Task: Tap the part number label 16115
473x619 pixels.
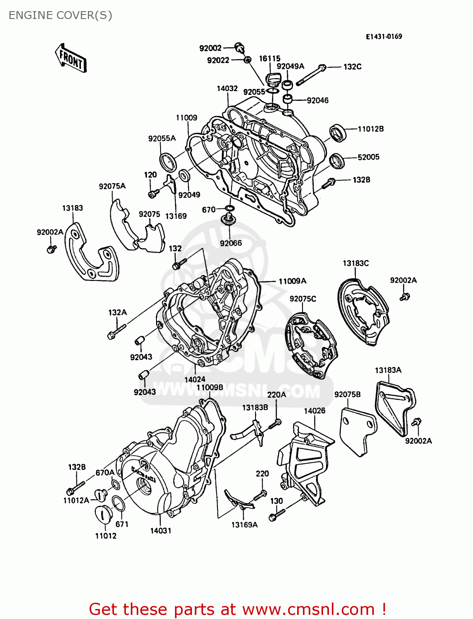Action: tap(270, 59)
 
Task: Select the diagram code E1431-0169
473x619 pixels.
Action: tap(384, 36)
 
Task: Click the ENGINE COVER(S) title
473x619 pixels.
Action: tap(60, 15)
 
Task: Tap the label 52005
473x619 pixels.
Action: tap(369, 157)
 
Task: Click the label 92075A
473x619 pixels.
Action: tap(112, 186)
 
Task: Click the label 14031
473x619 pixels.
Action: tap(161, 531)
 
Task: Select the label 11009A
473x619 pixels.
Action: tap(292, 281)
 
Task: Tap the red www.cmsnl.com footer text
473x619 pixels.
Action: tap(237, 609)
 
